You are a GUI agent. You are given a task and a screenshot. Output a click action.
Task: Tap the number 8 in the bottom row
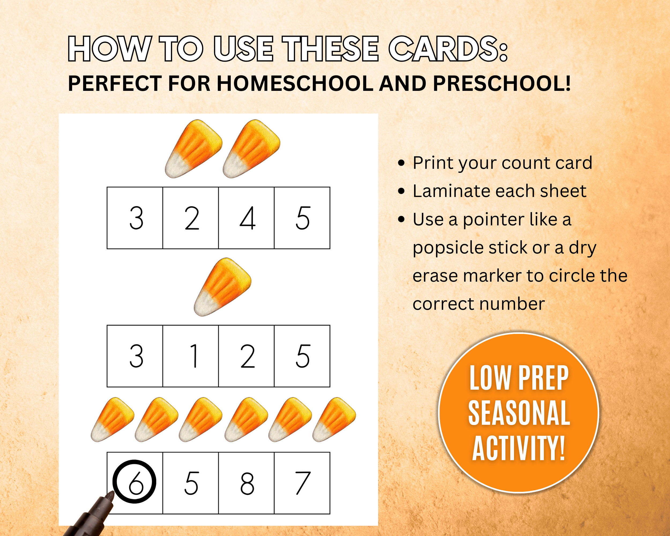[247, 483]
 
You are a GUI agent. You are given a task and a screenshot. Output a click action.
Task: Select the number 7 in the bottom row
[303, 483]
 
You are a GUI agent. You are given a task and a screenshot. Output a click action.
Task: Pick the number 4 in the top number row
[248, 218]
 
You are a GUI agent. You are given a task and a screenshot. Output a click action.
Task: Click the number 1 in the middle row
[194, 356]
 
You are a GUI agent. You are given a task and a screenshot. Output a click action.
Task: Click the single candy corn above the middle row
[222, 287]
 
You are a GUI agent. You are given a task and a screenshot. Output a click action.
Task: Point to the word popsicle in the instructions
[448, 248]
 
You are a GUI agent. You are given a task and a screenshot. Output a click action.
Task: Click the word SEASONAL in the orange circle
[519, 413]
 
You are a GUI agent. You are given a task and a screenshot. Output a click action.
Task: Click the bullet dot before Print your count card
[401, 163]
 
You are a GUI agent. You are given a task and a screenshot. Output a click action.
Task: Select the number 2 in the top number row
[192, 218]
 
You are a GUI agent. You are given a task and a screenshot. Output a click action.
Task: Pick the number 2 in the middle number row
[247, 356]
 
